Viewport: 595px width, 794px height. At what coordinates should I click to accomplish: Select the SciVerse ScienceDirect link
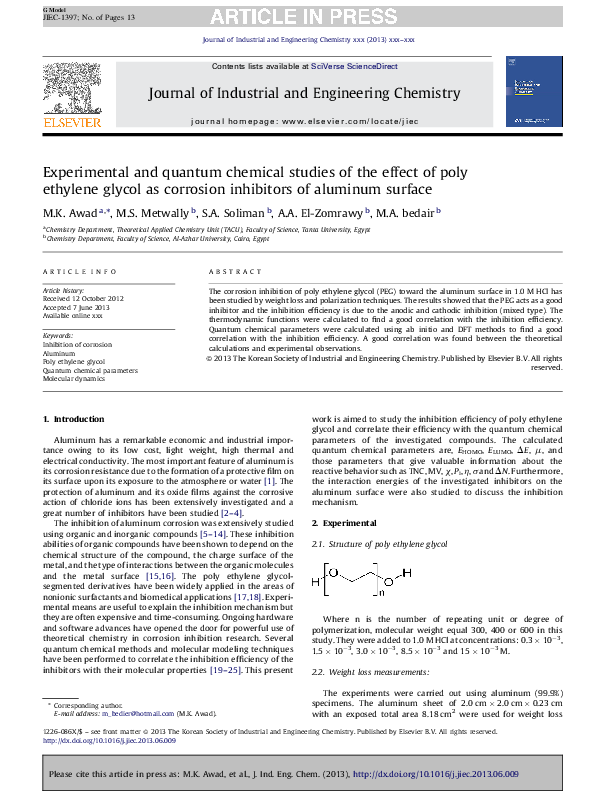354,66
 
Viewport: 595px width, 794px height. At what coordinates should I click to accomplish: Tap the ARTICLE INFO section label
72,272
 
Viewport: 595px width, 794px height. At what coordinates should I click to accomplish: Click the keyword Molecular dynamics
75,380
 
